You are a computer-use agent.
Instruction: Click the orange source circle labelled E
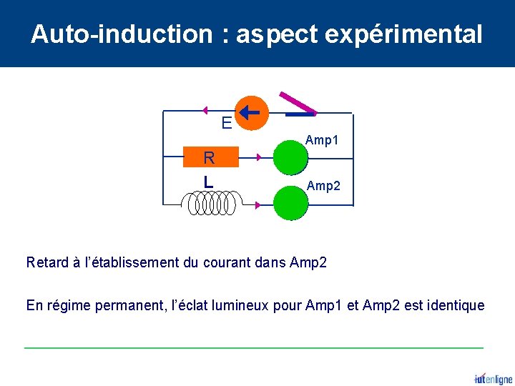point(252,113)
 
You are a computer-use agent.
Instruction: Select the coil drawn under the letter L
point(212,204)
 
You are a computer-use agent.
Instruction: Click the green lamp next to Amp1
point(290,157)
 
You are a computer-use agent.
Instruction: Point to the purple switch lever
point(297,104)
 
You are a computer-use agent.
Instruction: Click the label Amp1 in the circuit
point(322,141)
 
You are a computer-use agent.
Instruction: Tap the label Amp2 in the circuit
point(323,186)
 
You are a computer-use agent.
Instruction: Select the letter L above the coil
point(207,182)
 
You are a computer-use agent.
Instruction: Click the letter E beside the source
point(226,123)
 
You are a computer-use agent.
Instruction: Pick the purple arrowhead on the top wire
point(205,111)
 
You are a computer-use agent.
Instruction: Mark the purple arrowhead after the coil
point(257,205)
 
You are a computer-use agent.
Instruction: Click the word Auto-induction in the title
point(122,34)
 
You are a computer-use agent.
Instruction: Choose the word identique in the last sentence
point(455,306)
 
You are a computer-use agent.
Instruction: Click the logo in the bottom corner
point(493,378)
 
